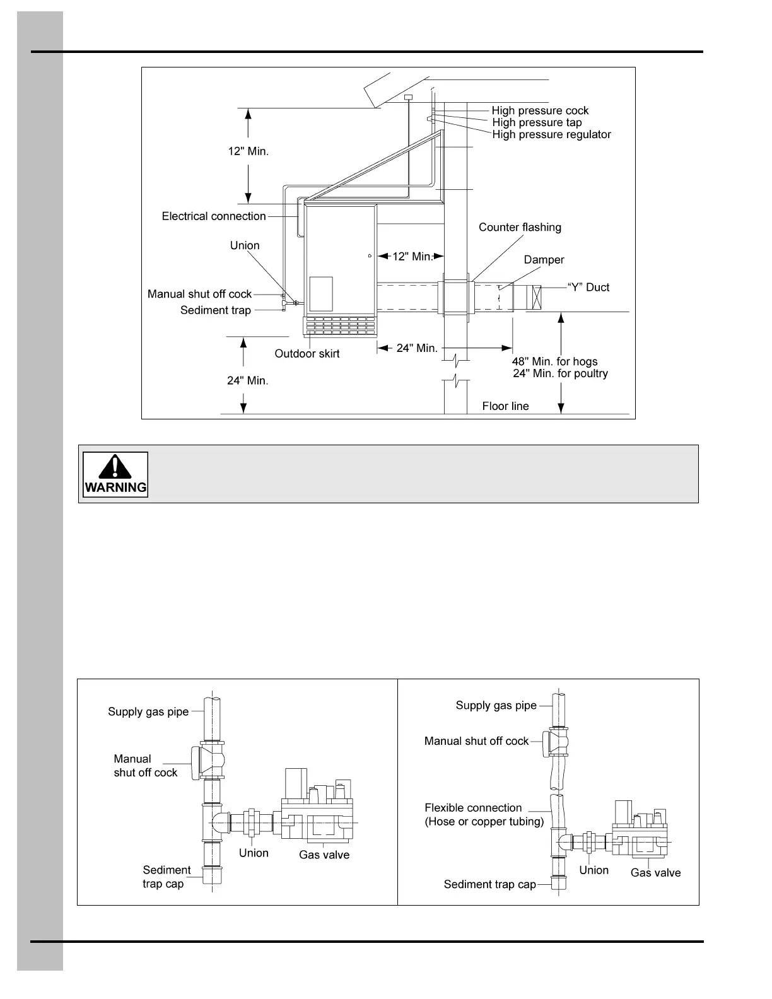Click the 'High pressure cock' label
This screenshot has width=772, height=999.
coord(540,110)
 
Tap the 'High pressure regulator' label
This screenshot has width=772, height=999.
coord(551,134)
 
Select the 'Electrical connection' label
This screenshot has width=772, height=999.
coord(214,216)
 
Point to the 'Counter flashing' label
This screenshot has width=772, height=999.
coord(520,227)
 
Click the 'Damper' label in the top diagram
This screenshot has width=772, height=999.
coord(544,260)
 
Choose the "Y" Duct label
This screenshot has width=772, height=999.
coord(588,288)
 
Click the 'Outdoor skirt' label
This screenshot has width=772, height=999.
coord(307,354)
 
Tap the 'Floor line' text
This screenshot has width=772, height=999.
coord(505,406)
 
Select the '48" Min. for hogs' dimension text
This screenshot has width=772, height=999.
coord(554,361)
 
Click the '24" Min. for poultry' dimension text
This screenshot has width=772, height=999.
coord(560,373)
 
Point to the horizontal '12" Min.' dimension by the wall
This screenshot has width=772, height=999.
coord(412,257)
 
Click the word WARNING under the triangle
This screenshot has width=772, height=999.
coord(115,488)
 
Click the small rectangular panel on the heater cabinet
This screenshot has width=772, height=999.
coord(321,293)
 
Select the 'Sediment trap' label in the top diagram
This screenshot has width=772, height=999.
coord(216,310)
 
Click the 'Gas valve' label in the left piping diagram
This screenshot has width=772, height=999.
coord(324,855)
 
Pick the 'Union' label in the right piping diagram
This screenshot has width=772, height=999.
coord(594,870)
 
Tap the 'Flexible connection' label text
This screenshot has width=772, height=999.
coord(473,808)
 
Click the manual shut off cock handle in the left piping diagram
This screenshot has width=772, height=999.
coord(196,762)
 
